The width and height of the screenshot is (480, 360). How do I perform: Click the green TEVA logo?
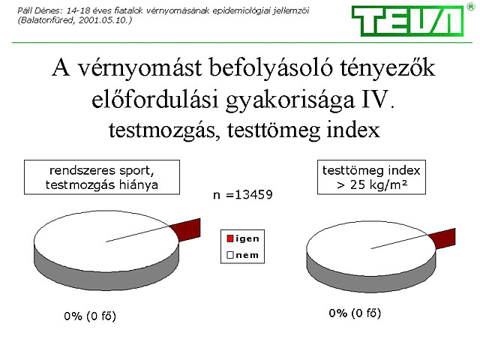[x=407, y=20]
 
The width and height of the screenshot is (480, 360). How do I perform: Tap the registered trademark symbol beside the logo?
[x=471, y=7]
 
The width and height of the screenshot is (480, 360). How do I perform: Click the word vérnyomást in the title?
[x=139, y=68]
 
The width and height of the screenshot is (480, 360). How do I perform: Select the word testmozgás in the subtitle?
[x=162, y=130]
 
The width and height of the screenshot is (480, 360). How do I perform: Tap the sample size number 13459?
[x=253, y=195]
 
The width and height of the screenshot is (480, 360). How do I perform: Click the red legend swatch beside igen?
[x=230, y=238]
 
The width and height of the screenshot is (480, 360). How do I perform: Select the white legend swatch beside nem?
[x=230, y=255]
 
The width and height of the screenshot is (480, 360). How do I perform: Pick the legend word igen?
[x=247, y=238]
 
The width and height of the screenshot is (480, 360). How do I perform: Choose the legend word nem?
[x=247, y=255]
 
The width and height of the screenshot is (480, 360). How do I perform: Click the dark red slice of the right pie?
[x=443, y=238]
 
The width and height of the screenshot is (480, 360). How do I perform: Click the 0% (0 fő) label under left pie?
[x=90, y=316]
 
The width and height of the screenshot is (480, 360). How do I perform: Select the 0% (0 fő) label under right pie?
[x=355, y=313]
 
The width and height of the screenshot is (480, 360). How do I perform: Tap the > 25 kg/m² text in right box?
[x=372, y=184]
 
